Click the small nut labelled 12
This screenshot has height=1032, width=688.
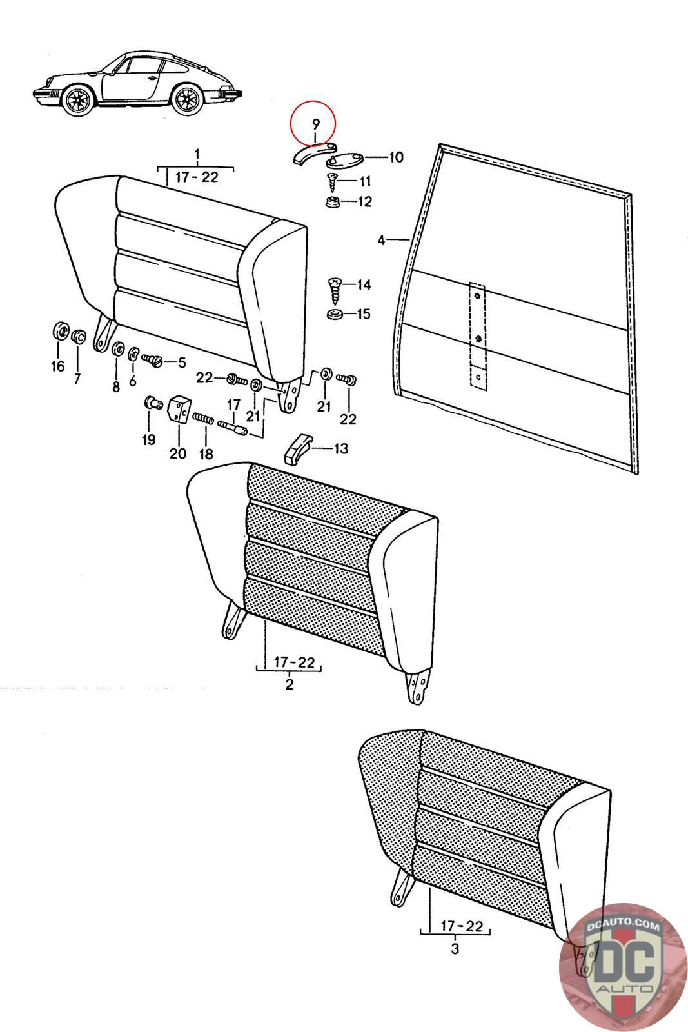point(333,203)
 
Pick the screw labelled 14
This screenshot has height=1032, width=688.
point(336,292)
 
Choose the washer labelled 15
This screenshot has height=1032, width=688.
point(335,315)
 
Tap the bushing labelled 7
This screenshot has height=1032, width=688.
point(77,337)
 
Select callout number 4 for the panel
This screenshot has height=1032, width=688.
point(381,240)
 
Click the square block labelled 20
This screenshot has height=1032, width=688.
point(177,409)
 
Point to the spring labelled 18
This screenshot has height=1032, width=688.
point(203,419)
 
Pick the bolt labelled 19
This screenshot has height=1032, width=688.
point(152,404)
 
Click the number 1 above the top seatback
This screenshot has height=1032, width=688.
point(197,154)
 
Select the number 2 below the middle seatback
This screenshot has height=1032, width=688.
point(289,684)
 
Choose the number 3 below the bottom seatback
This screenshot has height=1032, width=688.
point(455,949)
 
